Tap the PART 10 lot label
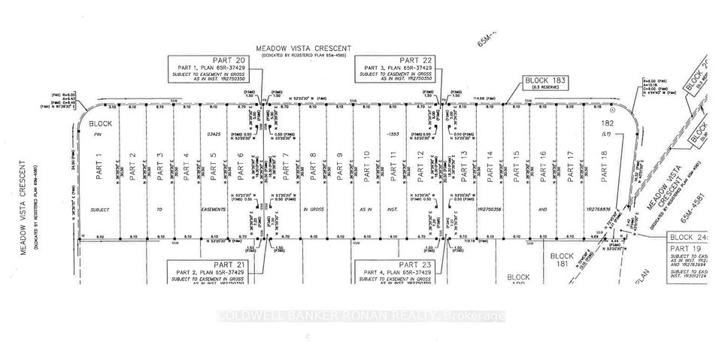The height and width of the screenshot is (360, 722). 367,166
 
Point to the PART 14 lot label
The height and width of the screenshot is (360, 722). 490,166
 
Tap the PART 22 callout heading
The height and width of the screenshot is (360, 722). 415,60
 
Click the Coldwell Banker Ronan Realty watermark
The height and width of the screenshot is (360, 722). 360,316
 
